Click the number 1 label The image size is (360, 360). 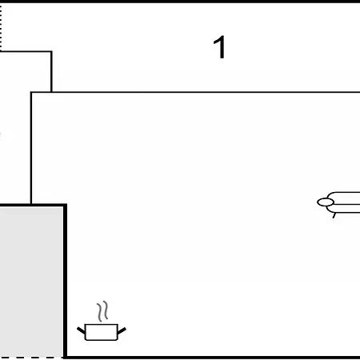click(x=220, y=47)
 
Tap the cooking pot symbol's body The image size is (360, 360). click(x=102, y=332)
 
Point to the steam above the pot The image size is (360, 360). click(x=102, y=311)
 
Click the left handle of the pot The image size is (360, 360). click(x=81, y=330)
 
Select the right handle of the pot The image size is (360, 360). click(x=122, y=330)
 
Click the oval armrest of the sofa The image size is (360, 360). click(x=326, y=202)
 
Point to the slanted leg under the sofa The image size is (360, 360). click(x=334, y=215)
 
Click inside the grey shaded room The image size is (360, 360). click(x=31, y=280)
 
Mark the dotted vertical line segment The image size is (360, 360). click(x=1, y=27)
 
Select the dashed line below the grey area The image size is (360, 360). click(x=31, y=358)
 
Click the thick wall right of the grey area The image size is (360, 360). click(x=65, y=281)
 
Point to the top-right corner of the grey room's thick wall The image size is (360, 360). click(x=66, y=205)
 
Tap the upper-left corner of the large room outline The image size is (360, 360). click(x=31, y=92)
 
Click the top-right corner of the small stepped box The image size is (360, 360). click(x=51, y=51)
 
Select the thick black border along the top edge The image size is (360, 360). click(x=180, y=2)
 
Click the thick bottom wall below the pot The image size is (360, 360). click(x=213, y=358)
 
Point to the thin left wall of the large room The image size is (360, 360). click(x=31, y=148)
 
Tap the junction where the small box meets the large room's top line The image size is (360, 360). click(x=51, y=92)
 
